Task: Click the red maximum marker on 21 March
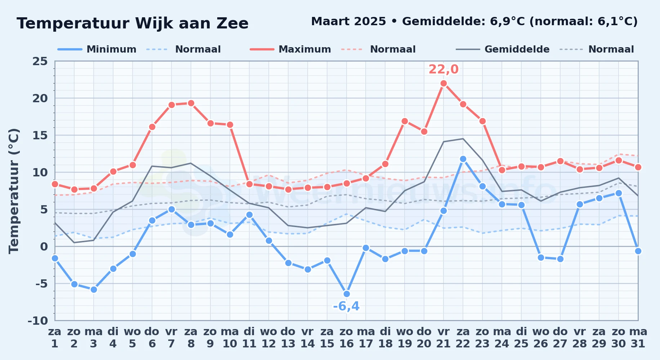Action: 443,83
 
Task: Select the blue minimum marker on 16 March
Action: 347,294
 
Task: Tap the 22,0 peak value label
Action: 443,69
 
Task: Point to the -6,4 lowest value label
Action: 346,306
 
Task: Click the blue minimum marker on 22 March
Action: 463,159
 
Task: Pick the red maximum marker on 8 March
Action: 191,103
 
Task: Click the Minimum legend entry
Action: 97,49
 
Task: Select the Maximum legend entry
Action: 290,49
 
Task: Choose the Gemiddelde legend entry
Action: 503,49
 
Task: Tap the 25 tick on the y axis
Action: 40,61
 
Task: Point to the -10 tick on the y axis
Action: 38,320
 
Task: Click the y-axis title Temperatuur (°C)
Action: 14,191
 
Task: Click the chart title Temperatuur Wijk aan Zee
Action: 133,23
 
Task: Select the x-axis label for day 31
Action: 638,337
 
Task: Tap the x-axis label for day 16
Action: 347,337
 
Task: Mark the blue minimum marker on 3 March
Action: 94,289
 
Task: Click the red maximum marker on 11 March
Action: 249,184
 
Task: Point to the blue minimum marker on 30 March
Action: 619,193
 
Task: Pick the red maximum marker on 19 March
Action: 405,121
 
